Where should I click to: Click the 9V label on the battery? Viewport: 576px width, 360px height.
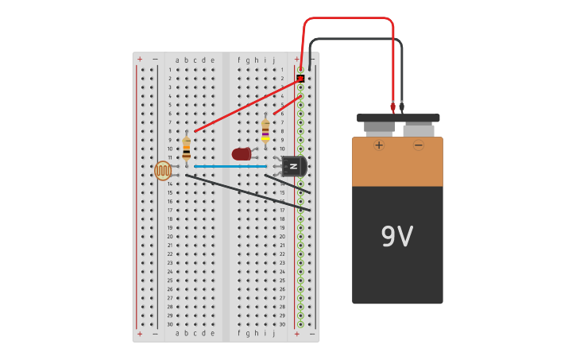(x=396, y=237)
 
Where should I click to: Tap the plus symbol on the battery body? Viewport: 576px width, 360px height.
(x=379, y=145)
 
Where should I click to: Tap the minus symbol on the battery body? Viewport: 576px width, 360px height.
(x=418, y=145)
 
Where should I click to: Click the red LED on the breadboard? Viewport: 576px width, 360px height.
(x=242, y=153)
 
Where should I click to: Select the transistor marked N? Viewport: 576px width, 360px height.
(x=294, y=166)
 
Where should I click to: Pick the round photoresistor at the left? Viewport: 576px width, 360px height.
(x=163, y=170)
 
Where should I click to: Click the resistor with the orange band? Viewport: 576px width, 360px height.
(x=186, y=148)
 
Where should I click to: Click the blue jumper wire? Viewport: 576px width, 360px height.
(x=230, y=166)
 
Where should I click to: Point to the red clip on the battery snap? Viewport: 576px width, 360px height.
(x=392, y=106)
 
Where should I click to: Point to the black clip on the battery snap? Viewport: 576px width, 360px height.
(x=401, y=106)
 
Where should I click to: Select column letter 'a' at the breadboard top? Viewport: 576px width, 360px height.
(x=177, y=60)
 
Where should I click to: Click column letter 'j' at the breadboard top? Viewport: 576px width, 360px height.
(x=274, y=60)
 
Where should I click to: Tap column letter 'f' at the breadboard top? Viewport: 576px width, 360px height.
(x=238, y=60)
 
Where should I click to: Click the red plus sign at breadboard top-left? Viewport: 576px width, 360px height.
(x=140, y=60)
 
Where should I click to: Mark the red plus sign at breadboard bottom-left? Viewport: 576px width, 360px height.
(x=140, y=334)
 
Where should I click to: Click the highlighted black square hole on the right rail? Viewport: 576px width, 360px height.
(x=300, y=78)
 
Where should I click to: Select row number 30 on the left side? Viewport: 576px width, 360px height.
(x=169, y=324)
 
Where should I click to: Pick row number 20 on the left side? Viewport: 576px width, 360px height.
(x=169, y=236)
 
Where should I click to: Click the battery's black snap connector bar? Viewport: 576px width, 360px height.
(x=398, y=118)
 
